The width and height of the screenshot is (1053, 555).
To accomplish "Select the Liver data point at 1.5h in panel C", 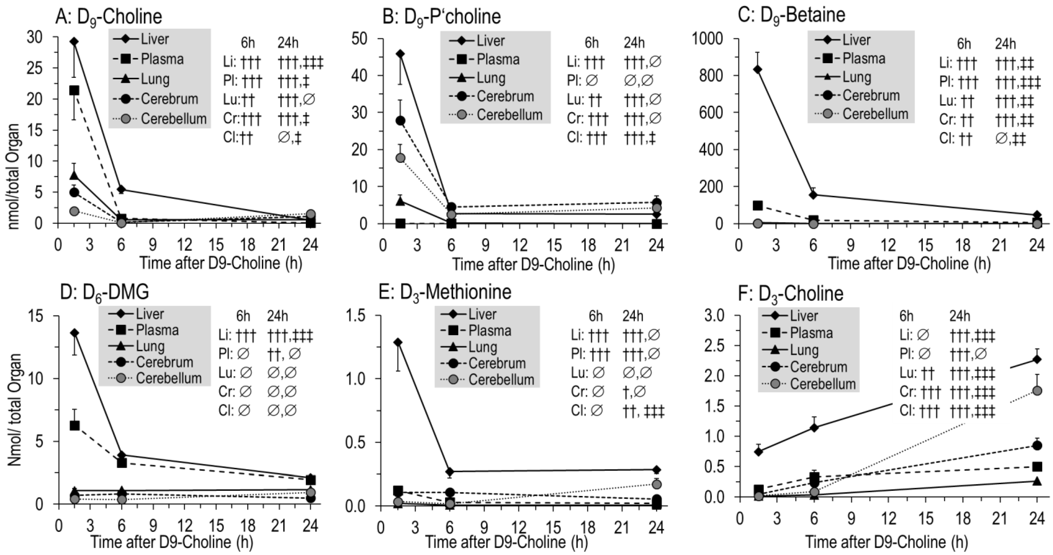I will (757, 69).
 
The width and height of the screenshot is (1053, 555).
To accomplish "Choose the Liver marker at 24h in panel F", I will (1037, 359).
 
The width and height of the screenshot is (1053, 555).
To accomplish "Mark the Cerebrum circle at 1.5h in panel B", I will (401, 121).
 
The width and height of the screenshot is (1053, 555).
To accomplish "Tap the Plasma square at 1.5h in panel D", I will (74, 425).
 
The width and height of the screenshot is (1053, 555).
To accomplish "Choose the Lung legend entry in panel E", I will (482, 347).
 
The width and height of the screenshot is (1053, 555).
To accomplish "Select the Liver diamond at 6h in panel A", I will (121, 189).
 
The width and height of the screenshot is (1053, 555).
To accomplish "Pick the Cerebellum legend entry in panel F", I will (822, 384).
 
